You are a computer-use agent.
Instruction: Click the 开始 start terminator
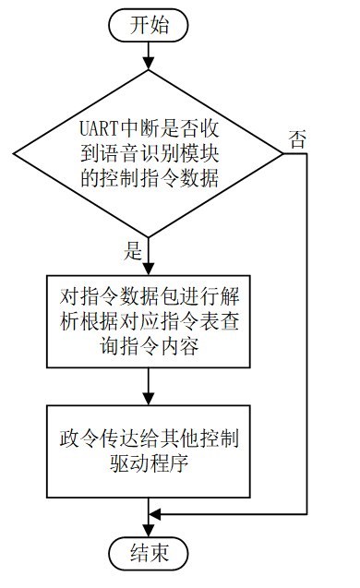[148, 25]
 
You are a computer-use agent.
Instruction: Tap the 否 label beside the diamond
[297, 140]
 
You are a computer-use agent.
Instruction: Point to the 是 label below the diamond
[132, 249]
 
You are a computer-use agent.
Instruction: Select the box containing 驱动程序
[148, 449]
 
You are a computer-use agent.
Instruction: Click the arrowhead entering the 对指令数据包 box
[148, 269]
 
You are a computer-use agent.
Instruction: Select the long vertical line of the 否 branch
[306, 332]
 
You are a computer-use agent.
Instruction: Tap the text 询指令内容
[148, 347]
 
